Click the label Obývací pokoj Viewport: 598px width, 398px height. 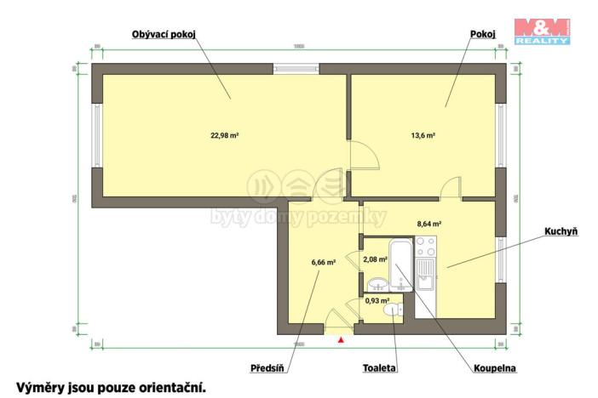[x=164, y=35]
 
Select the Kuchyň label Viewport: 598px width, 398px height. [x=560, y=231]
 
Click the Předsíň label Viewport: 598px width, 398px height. [x=267, y=369]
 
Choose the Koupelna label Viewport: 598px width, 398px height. [x=495, y=369]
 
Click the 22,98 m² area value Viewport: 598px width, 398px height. [x=225, y=134]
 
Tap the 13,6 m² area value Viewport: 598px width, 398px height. [x=423, y=134]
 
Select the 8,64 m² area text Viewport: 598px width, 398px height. [x=428, y=224]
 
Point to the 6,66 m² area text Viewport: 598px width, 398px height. [x=324, y=263]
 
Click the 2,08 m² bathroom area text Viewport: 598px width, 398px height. [x=376, y=259]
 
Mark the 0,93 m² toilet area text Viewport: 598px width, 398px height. [x=377, y=300]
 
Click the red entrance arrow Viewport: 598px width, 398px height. [x=342, y=340]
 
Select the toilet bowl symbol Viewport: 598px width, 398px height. [x=392, y=312]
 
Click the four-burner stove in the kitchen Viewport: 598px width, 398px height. [x=425, y=247]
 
